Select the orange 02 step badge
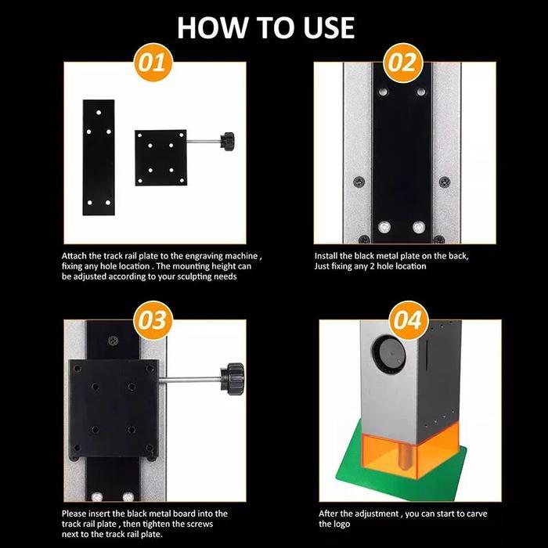[402, 63]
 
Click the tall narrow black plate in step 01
[99, 157]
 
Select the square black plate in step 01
[160, 157]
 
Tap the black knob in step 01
[229, 142]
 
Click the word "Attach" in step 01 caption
[76, 256]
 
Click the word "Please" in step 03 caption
[77, 514]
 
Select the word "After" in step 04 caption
[330, 514]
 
